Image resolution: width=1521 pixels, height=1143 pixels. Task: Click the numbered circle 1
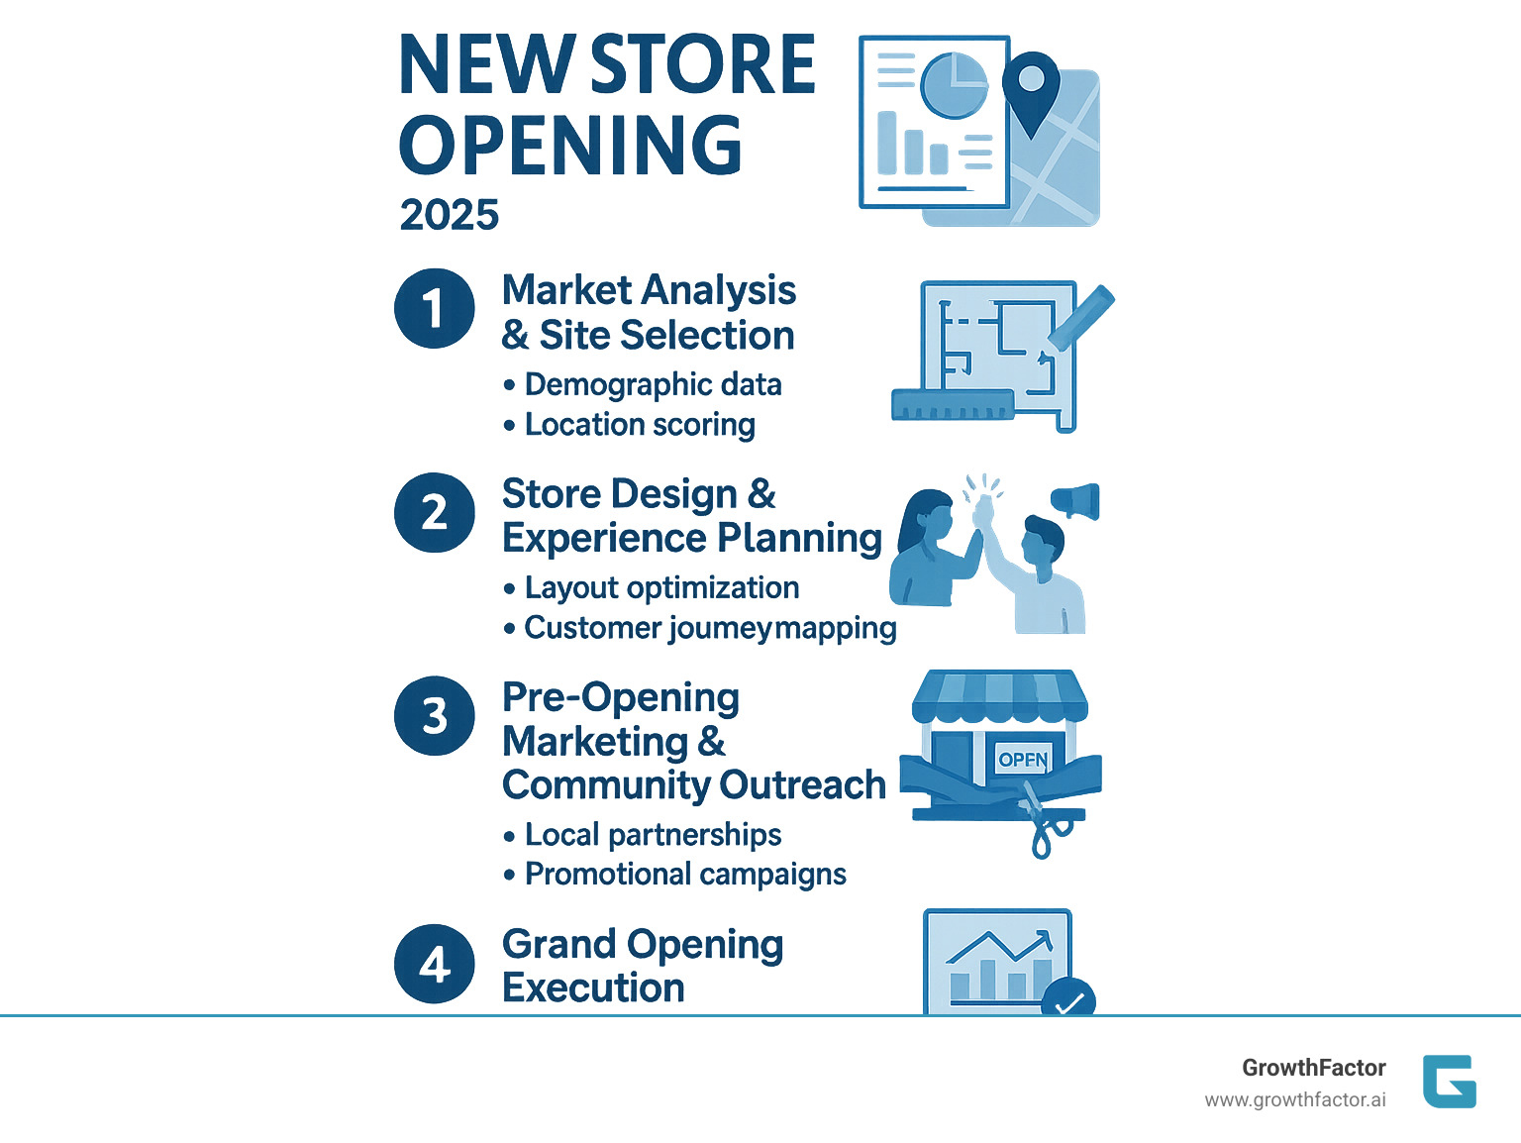pyautogui.click(x=435, y=308)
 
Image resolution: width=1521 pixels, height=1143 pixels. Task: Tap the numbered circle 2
pyautogui.click(x=435, y=512)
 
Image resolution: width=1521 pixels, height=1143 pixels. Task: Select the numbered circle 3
pyautogui.click(x=435, y=715)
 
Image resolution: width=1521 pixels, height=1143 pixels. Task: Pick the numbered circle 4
pyautogui.click(x=435, y=964)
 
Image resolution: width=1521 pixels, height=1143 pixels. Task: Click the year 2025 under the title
pyautogui.click(x=450, y=215)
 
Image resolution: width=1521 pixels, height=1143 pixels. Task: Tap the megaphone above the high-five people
pyautogui.click(x=1076, y=501)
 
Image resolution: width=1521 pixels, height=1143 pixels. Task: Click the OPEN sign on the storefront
pyautogui.click(x=1023, y=760)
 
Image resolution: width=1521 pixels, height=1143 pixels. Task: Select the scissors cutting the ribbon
pyautogui.click(x=1041, y=821)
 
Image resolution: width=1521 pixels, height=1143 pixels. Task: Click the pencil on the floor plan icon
pyautogui.click(x=1081, y=317)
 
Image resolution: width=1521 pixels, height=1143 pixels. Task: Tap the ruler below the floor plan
pyautogui.click(x=953, y=404)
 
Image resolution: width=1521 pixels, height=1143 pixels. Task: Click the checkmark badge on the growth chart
pyautogui.click(x=1067, y=999)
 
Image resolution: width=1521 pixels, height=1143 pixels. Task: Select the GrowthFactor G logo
pyautogui.click(x=1450, y=1081)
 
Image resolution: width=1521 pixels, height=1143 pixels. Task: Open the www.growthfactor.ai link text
pyautogui.click(x=1295, y=1100)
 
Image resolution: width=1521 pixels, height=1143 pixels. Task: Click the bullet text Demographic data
pyautogui.click(x=653, y=384)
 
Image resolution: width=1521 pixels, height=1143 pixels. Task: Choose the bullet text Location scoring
pyautogui.click(x=640, y=425)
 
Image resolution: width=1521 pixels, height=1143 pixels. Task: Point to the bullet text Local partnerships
pyautogui.click(x=653, y=835)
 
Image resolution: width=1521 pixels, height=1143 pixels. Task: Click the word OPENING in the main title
pyautogui.click(x=570, y=146)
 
